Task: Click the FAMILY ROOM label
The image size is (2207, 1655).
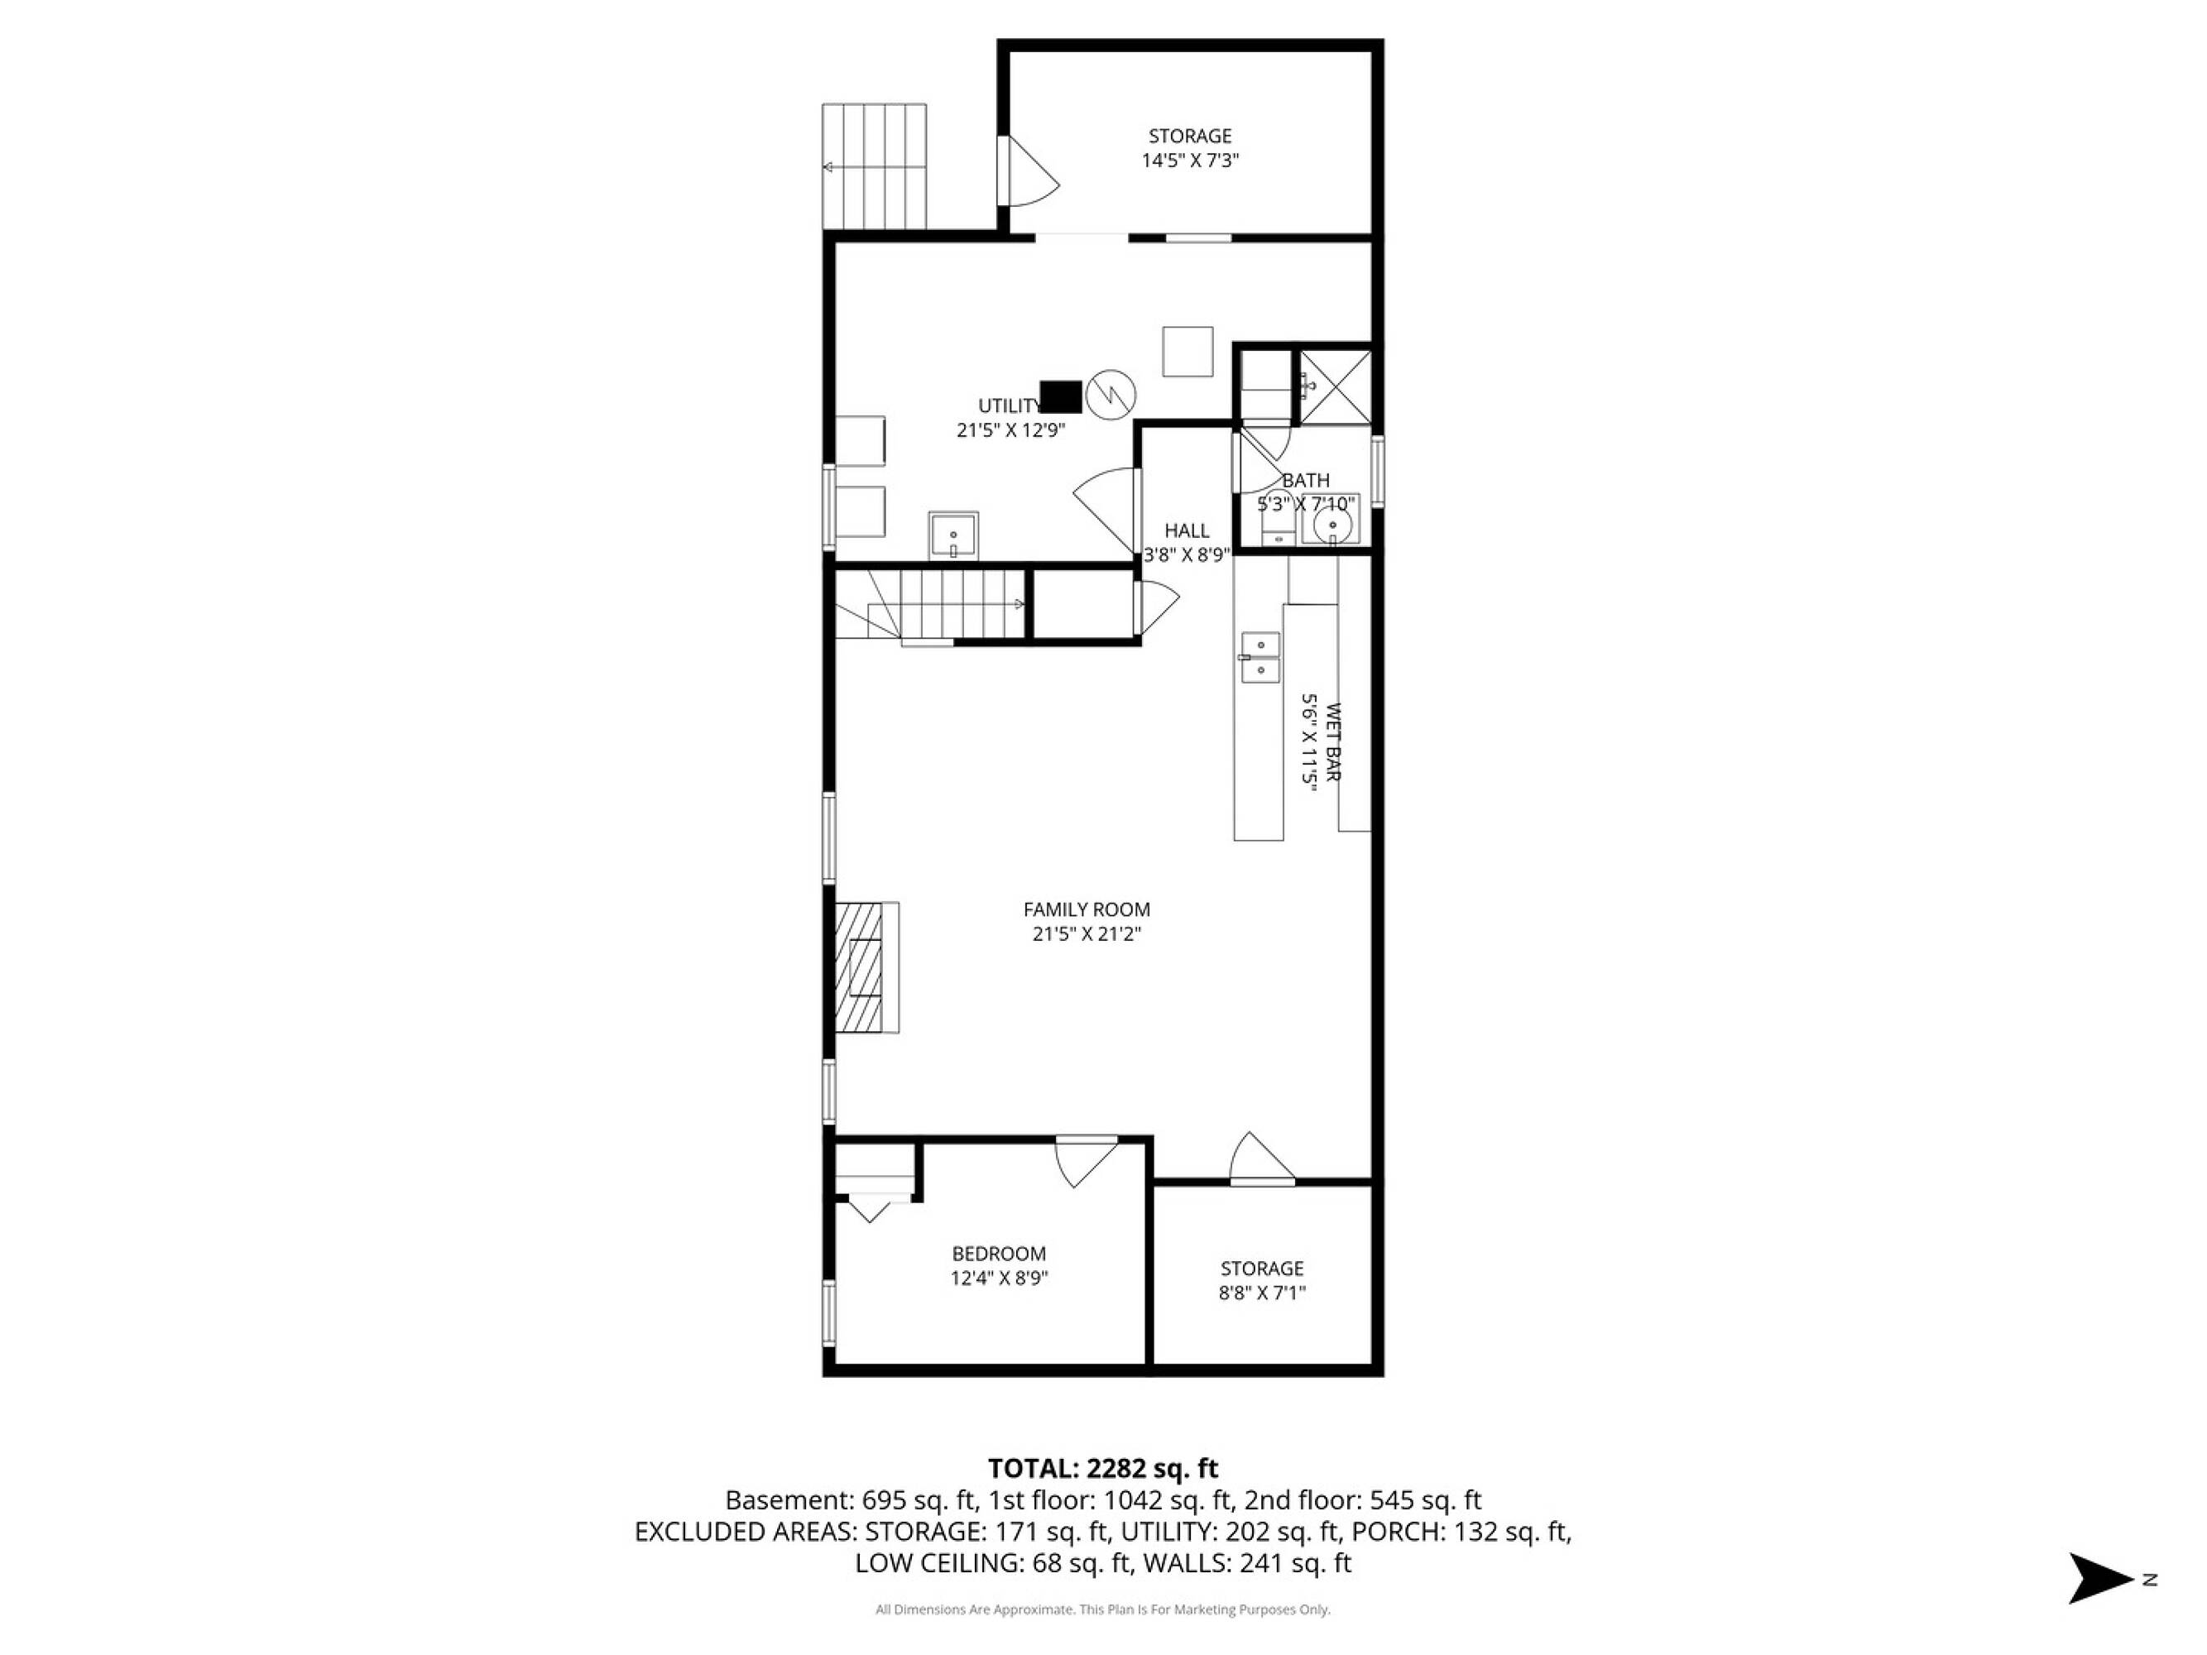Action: [1087, 909]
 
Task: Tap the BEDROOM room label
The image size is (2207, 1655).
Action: [999, 1254]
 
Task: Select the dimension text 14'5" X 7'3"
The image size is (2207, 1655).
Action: [1190, 161]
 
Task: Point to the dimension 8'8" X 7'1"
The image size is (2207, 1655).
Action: [1262, 1293]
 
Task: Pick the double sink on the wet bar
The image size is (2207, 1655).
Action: [1260, 657]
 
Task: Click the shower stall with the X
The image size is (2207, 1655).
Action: [1334, 387]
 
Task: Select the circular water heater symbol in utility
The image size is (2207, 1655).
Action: [1111, 394]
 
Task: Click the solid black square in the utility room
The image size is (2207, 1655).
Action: [1061, 396]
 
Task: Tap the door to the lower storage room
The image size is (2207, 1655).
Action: [1262, 1159]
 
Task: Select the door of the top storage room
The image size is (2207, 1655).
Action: [1029, 170]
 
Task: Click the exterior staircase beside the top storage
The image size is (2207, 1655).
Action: [874, 166]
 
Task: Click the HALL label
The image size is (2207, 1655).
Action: [1187, 530]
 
